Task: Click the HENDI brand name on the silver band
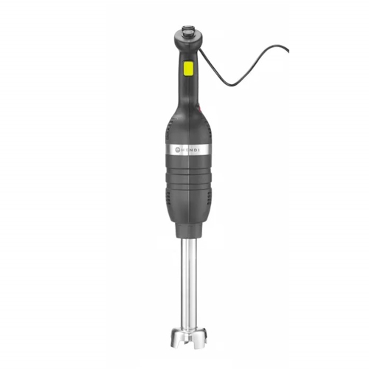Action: click(190, 150)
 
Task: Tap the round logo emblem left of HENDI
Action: click(178, 150)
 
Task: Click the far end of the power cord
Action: click(289, 52)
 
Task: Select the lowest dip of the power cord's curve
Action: click(234, 85)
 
